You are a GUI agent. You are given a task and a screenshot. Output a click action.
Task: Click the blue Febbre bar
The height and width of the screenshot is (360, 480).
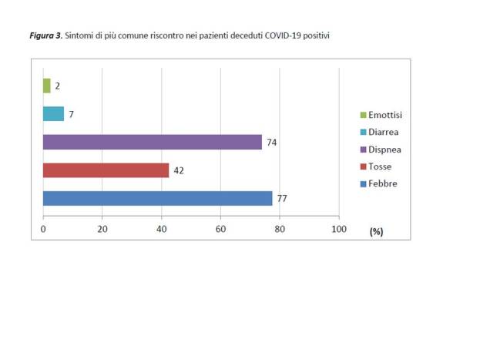click(157, 198)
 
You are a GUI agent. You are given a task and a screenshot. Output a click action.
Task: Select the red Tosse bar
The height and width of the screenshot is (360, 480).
click(106, 170)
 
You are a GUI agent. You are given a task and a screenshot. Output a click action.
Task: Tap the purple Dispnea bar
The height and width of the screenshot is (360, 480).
click(153, 142)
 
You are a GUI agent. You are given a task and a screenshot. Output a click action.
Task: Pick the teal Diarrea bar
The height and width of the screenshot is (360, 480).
click(53, 114)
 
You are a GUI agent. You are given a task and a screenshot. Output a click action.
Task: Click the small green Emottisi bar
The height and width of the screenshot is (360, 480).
click(46, 86)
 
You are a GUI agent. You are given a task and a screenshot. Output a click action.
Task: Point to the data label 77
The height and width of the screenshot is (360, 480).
click(282, 198)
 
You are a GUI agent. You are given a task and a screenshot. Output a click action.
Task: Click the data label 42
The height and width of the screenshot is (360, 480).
click(178, 170)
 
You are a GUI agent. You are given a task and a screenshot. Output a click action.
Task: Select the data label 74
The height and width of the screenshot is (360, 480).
click(272, 142)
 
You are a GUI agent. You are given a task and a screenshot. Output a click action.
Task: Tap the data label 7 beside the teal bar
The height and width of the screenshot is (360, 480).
click(71, 114)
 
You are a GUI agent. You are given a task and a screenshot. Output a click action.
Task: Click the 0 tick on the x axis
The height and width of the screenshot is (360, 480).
click(43, 230)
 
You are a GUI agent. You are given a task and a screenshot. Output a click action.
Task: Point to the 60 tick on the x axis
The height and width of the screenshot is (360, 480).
click(220, 230)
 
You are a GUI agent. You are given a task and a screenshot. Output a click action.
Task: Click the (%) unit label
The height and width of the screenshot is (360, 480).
click(376, 231)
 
